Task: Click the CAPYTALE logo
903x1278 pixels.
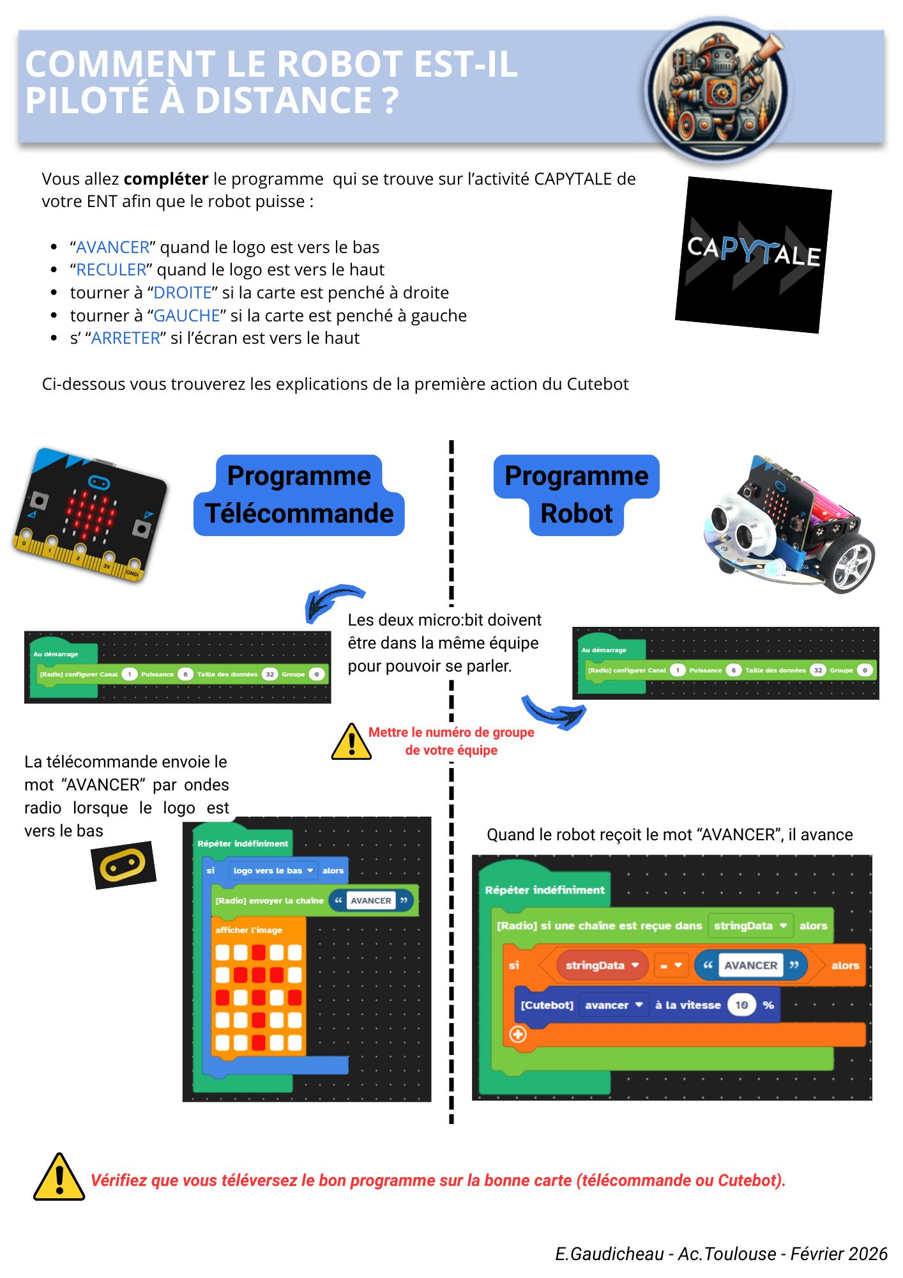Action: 754,254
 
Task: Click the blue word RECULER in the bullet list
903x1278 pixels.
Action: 111,270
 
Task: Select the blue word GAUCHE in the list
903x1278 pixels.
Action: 186,316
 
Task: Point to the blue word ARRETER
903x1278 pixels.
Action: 126,338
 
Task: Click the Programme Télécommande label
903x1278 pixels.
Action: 299,495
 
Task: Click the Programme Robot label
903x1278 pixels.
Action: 576,495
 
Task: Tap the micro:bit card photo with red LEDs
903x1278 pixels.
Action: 90,514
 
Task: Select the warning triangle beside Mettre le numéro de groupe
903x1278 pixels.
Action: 351,743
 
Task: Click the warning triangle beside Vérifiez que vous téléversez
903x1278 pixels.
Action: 59,1178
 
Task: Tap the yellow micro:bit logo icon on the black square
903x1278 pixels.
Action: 123,865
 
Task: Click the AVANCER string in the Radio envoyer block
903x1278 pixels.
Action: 370,901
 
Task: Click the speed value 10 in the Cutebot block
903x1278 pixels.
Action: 741,1005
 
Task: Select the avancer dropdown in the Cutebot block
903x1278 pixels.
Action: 614,1005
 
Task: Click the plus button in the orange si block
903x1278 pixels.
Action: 518,1034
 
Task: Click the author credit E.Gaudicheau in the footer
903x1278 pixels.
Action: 609,1254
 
